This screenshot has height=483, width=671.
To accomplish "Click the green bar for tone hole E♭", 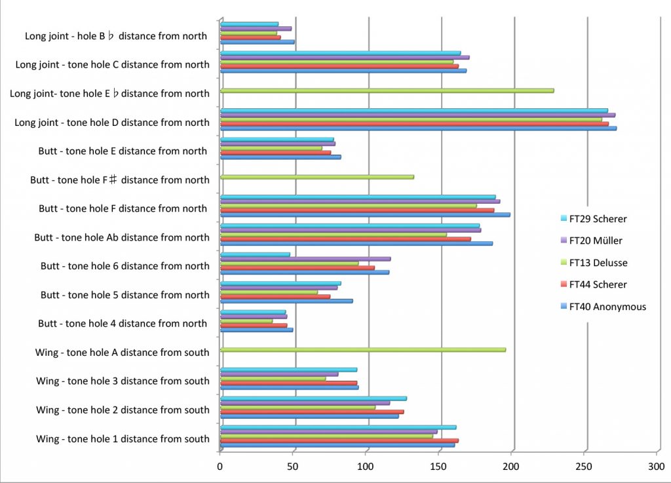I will [387, 90].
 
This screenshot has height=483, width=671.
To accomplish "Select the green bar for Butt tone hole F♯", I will [317, 177].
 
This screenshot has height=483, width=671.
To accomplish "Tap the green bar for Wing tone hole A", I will [363, 350].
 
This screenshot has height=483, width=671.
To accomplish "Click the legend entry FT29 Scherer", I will [598, 220].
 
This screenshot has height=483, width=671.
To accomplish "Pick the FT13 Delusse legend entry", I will [598, 263].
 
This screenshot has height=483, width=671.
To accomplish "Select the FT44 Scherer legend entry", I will [598, 284].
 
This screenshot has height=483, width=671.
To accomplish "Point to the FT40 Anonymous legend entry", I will [607, 306].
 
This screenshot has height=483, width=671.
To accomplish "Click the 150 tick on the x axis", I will [439, 467].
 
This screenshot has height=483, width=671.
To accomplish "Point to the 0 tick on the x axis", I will [220, 467].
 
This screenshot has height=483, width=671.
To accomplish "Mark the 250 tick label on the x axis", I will [585, 467].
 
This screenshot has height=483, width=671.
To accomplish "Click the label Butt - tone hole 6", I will [125, 266].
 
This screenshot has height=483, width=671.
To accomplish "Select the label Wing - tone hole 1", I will [123, 439].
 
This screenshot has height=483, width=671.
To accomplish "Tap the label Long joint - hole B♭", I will [116, 36].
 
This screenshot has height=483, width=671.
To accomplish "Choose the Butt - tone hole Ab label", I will [122, 237].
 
